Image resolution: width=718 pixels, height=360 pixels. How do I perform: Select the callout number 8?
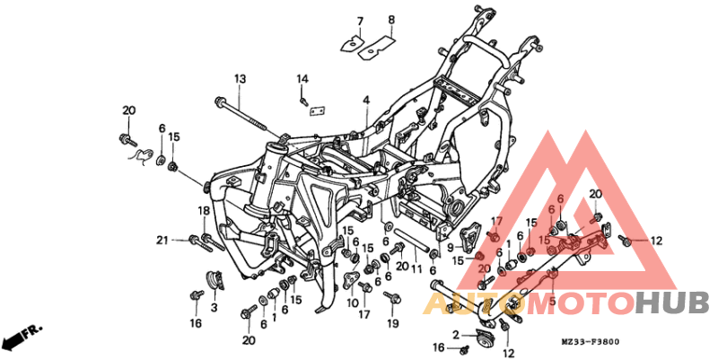pyautogui.click(x=390, y=20)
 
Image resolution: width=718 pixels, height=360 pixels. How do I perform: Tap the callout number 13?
pyautogui.click(x=241, y=80)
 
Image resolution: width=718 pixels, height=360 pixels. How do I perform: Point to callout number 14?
pyautogui.click(x=303, y=80)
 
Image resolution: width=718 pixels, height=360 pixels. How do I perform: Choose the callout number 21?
pyautogui.click(x=162, y=240)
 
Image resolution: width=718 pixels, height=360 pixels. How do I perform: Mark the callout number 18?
pyautogui.click(x=204, y=211)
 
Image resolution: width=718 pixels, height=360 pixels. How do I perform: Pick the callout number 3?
pyautogui.click(x=214, y=308)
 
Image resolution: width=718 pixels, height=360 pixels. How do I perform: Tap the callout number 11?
pyautogui.click(x=416, y=268)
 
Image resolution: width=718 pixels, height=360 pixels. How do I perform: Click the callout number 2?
pyautogui.click(x=456, y=335)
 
